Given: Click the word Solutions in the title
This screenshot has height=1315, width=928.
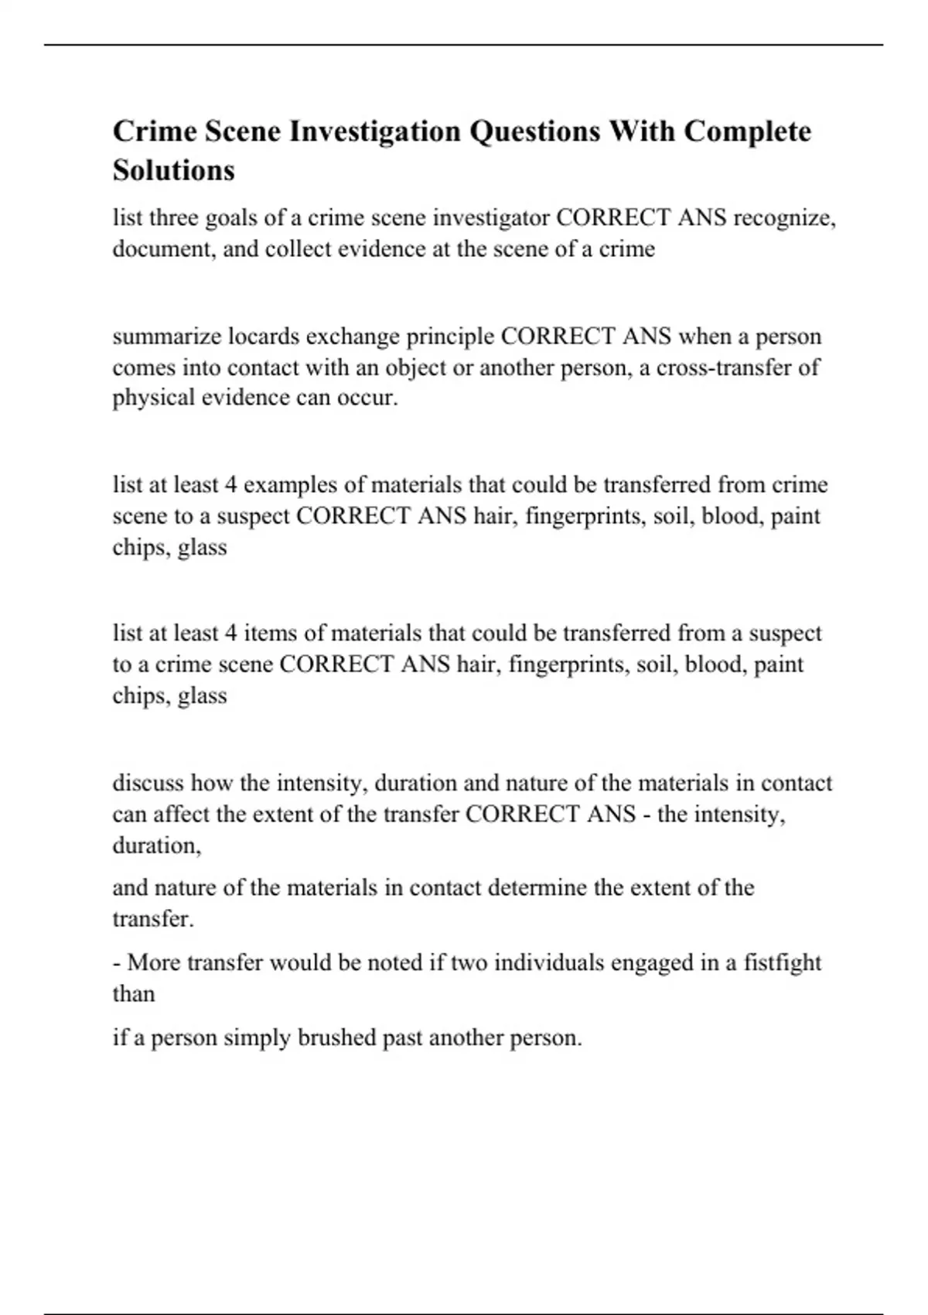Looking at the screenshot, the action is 173,169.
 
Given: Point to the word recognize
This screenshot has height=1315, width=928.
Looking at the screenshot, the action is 784,218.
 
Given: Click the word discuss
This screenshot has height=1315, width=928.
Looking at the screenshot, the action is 148,783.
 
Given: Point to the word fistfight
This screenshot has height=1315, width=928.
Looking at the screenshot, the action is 782,963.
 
